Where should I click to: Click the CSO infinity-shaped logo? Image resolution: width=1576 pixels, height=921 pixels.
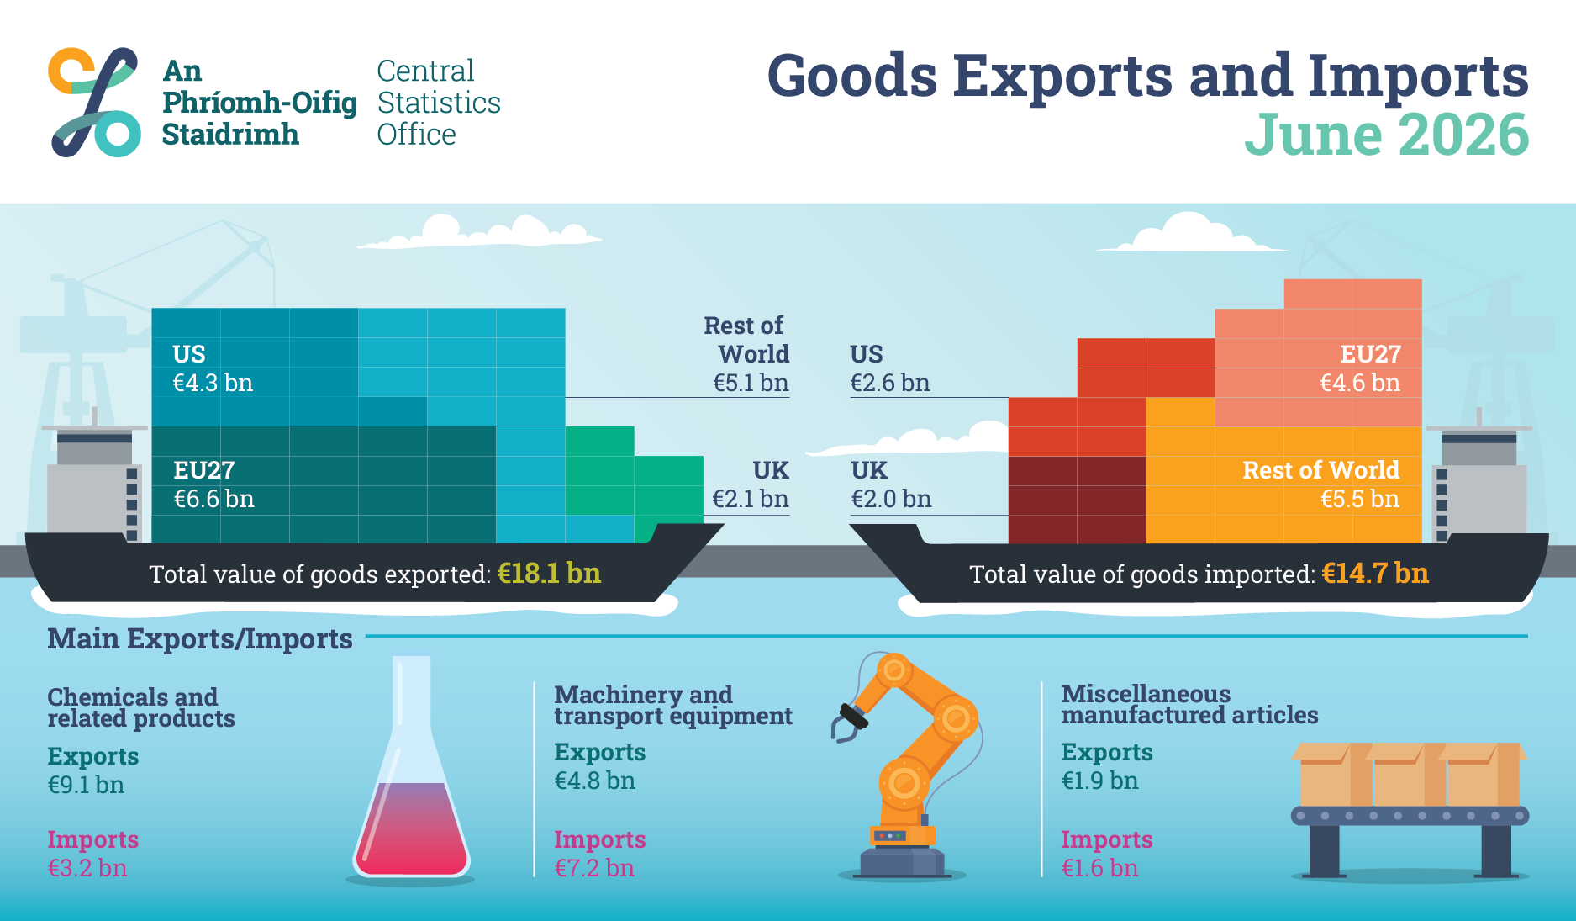click(94, 102)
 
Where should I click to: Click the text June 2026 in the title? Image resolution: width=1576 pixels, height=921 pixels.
click(1386, 135)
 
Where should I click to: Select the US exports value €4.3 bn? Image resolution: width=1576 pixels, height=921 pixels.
click(213, 383)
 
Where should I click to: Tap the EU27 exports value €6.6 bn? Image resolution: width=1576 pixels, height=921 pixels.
click(213, 499)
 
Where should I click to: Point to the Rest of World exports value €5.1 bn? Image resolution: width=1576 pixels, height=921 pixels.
click(751, 383)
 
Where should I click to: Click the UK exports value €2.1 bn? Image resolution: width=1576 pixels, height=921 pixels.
click(751, 499)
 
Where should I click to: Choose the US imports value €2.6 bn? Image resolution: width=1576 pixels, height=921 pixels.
click(890, 383)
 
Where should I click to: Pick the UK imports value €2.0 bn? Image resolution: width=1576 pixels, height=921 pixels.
click(891, 499)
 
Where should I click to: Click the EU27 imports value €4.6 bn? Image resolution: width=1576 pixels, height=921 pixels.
click(1360, 383)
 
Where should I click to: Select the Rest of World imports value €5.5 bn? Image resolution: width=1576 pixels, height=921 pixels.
click(1360, 499)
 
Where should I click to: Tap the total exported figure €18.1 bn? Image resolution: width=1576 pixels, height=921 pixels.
click(549, 574)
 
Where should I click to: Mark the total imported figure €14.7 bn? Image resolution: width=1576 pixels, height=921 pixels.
click(1375, 574)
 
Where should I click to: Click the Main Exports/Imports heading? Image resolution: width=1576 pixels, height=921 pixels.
click(200, 639)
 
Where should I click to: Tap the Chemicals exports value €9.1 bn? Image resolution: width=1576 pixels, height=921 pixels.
click(86, 785)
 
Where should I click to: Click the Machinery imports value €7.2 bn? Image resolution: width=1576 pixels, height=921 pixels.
click(594, 868)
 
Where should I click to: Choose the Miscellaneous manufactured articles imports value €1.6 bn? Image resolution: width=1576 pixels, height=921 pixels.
click(1099, 868)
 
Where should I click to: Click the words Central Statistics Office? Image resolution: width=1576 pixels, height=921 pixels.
click(439, 103)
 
